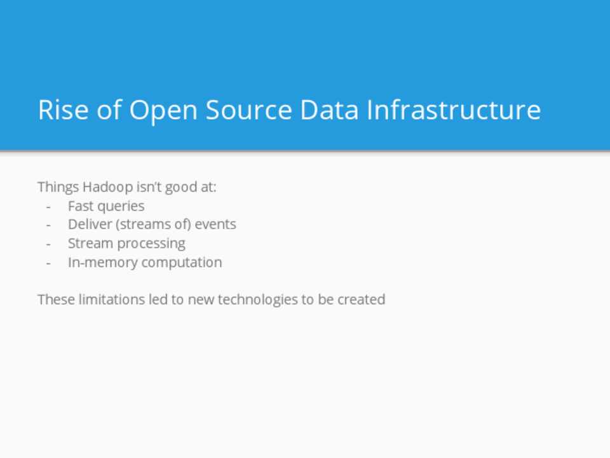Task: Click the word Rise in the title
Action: click(64, 109)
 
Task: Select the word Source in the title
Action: click(248, 109)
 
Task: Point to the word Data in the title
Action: click(329, 109)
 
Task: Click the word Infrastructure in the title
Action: click(454, 109)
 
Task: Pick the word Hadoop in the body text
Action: click(107, 187)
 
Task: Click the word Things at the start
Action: click(58, 187)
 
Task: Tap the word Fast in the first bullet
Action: click(81, 205)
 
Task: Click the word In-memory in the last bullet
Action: click(103, 263)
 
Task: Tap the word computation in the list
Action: click(182, 263)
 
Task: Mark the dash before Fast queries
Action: click(49, 207)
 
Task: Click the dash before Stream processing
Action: click(49, 244)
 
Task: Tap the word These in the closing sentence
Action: click(56, 300)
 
